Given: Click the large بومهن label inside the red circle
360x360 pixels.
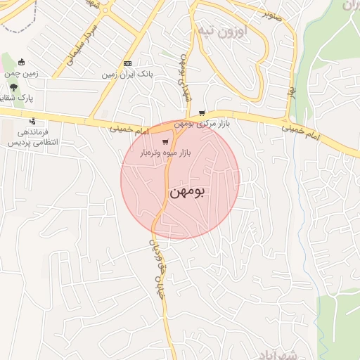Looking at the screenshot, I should (188, 191).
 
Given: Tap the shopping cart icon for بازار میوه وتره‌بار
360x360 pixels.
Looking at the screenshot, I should (165, 141).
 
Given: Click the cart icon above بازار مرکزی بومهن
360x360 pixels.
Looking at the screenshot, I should (202, 112).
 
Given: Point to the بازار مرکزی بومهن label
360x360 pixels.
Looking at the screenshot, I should (202, 124).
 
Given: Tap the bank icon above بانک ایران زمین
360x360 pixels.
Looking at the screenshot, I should (127, 62).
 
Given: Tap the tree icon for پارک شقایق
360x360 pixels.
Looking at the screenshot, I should (14, 86).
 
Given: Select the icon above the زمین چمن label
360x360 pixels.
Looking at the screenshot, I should (21, 62).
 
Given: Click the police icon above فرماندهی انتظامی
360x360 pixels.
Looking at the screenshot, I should (31, 121).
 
